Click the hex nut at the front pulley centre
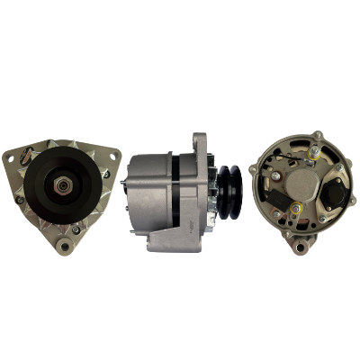click(62, 184)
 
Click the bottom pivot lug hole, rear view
click(301, 245)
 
